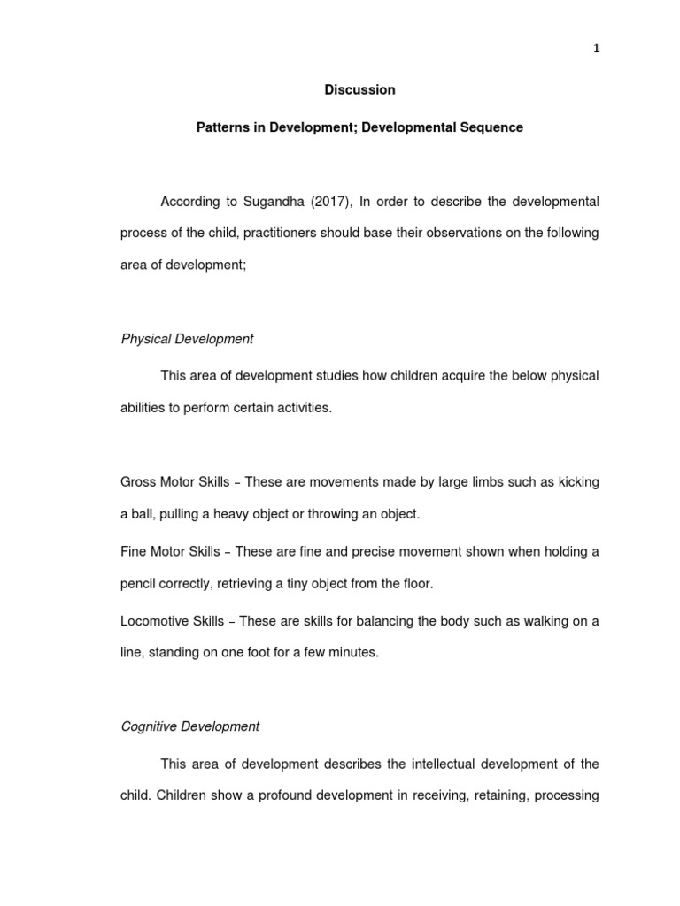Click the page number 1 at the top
[597, 49]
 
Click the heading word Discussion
[359, 89]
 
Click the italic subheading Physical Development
[187, 339]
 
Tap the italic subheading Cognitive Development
[190, 726]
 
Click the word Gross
[138, 482]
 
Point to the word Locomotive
[154, 621]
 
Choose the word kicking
[576, 482]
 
